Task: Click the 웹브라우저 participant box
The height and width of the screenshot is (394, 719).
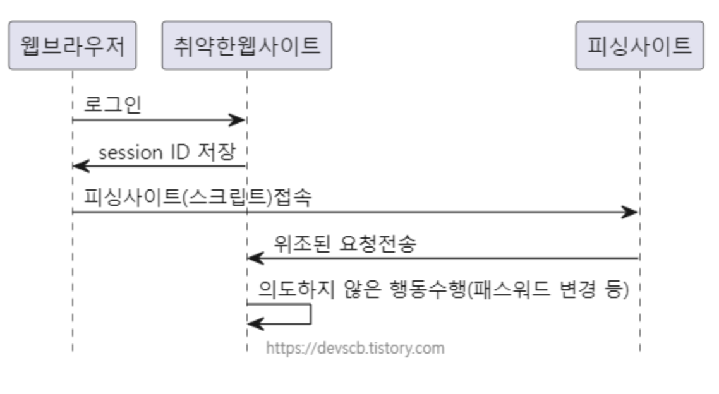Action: click(73, 45)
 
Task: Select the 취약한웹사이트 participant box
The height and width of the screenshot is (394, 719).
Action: click(246, 45)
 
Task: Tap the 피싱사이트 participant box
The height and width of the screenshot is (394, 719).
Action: click(639, 45)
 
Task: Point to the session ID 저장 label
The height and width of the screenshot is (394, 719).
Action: click(167, 153)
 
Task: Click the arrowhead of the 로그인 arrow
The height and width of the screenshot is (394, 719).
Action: click(238, 120)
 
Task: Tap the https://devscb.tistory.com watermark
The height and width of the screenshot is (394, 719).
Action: click(354, 347)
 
